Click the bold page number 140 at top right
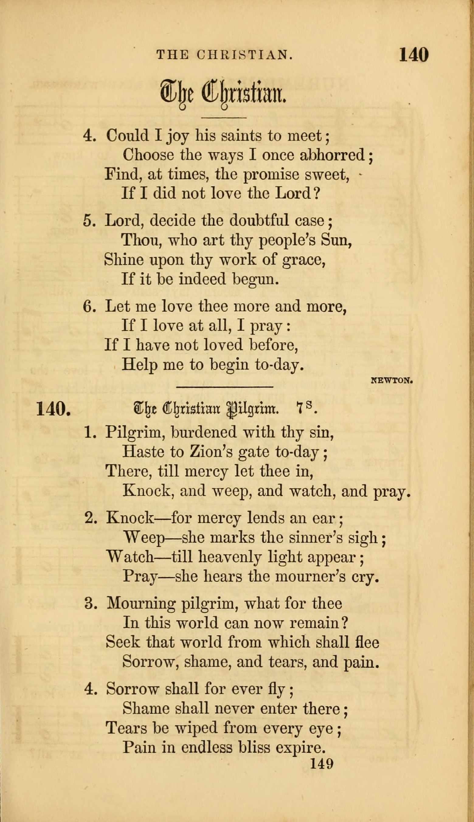tap(413, 55)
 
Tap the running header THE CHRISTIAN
tap(225, 55)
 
